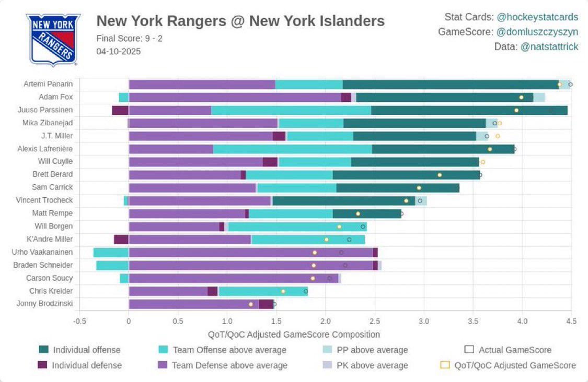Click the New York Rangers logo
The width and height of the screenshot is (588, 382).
(x=52, y=40)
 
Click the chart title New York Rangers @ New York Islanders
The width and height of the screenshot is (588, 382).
(x=240, y=21)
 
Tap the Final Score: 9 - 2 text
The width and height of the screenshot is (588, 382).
(x=129, y=38)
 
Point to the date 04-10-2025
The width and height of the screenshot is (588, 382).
(x=119, y=51)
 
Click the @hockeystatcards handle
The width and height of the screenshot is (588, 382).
(x=537, y=17)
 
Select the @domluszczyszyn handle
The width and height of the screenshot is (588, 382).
(x=537, y=32)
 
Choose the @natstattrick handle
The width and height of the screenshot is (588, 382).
(x=549, y=46)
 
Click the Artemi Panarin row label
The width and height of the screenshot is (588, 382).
(x=48, y=84)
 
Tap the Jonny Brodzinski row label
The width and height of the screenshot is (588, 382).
(x=44, y=304)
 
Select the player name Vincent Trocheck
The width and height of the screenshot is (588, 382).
(x=44, y=200)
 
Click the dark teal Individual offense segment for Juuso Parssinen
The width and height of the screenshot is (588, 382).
(x=469, y=110)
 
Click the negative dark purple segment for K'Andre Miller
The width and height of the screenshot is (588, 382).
(x=121, y=240)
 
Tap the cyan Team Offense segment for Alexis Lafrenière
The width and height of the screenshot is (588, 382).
(x=292, y=149)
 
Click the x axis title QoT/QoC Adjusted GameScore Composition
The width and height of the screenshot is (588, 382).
(x=294, y=334)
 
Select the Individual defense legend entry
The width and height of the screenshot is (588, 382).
(x=87, y=365)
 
